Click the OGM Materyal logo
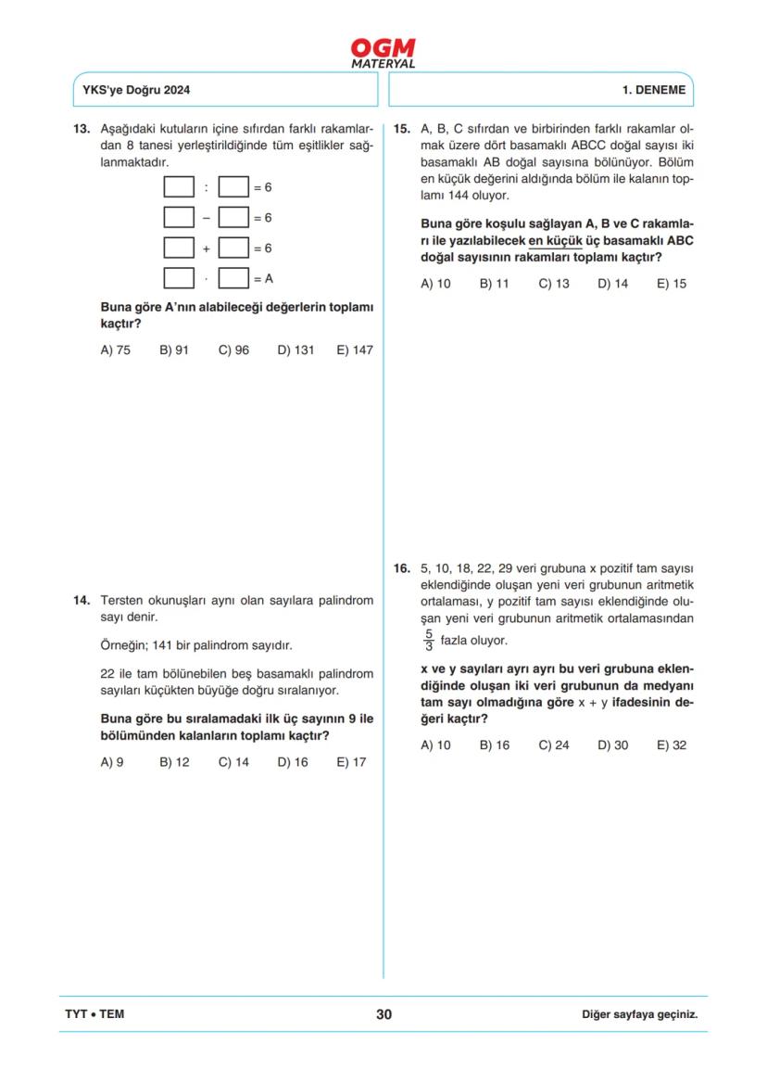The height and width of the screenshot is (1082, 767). point(383,53)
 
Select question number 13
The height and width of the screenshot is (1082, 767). point(81,129)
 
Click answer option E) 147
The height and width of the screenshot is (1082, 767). point(355,350)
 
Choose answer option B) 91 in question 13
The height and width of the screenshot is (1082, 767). point(174,350)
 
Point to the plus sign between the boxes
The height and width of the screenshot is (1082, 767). point(206,249)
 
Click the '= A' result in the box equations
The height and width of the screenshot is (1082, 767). point(263,278)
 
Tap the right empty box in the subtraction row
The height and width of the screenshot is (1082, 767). point(233,218)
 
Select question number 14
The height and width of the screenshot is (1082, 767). point(81,600)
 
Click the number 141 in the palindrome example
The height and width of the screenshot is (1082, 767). point(168,645)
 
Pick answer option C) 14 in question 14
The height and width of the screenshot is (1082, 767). point(233,762)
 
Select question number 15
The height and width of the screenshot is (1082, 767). point(402,129)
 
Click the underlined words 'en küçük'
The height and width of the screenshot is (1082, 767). point(554,239)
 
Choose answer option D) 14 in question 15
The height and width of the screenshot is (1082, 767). point(612,284)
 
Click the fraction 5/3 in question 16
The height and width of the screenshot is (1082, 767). point(428,641)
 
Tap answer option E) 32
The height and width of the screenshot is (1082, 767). point(671,745)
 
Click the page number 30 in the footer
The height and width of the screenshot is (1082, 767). point(383,1014)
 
